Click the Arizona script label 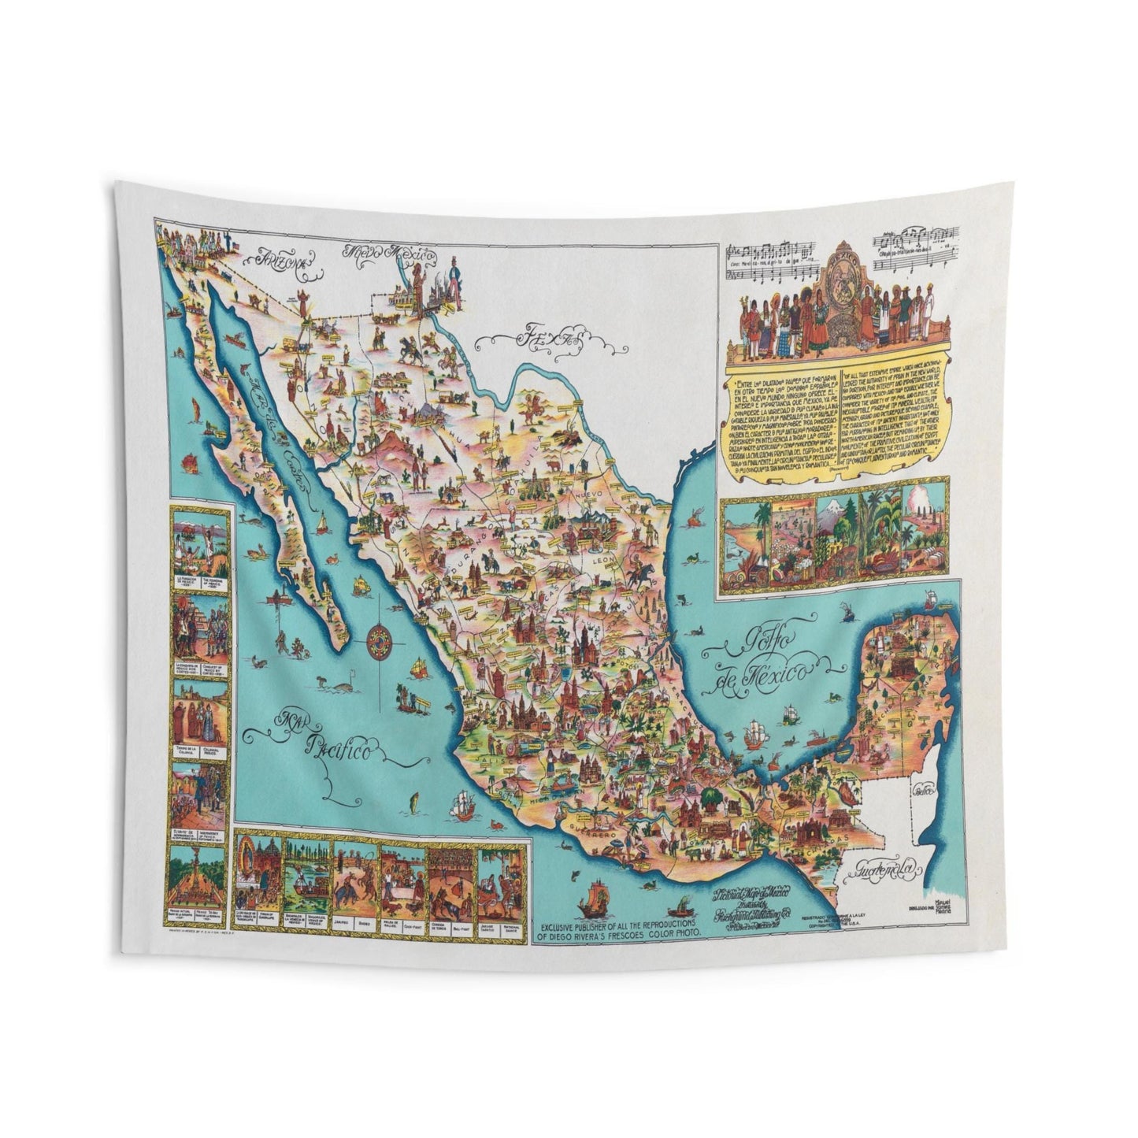(x=280, y=259)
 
